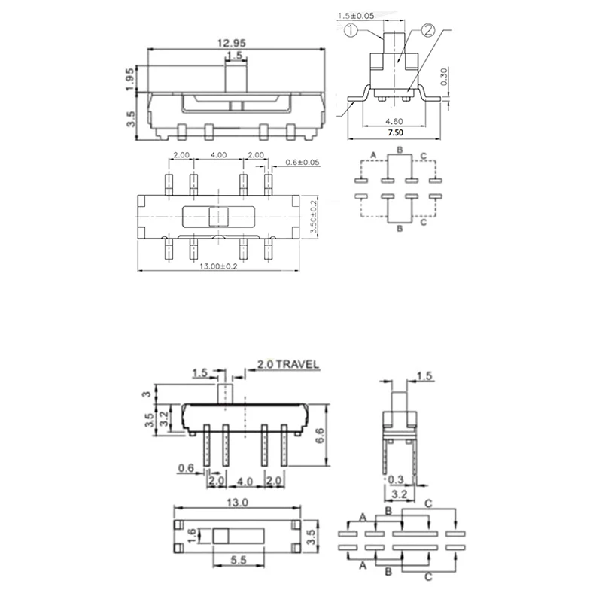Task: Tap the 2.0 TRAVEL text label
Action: click(x=288, y=365)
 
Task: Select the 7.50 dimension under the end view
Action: click(x=395, y=132)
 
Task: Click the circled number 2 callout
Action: click(x=427, y=31)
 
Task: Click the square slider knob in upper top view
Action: click(x=219, y=217)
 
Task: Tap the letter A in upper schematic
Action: click(x=373, y=156)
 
